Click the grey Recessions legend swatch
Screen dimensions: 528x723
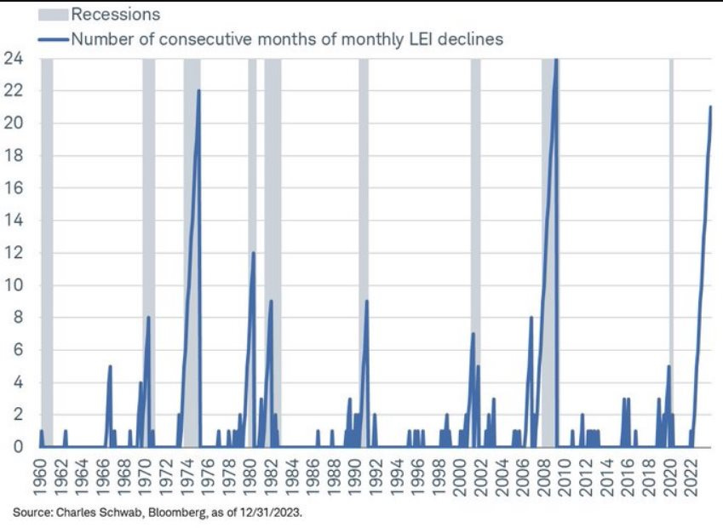54,14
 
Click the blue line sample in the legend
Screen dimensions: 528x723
54,38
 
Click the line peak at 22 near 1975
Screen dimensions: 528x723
198,90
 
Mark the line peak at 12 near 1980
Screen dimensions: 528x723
253,252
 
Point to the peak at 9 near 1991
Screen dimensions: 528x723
366,301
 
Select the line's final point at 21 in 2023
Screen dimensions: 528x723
710,106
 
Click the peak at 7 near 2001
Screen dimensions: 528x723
473,333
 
